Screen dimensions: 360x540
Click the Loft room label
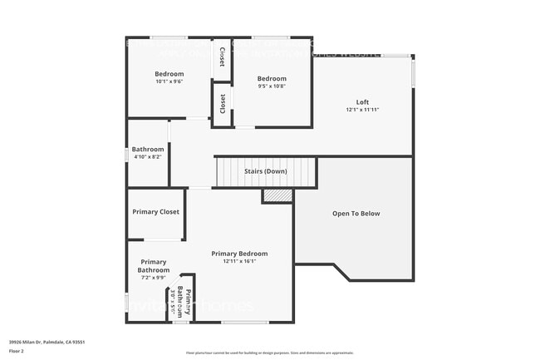[362, 101]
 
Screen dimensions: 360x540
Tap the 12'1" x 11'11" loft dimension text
[362, 110]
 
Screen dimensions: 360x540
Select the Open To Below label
[356, 214]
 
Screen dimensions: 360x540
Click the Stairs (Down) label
[266, 171]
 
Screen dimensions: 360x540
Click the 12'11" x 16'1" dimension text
[239, 262]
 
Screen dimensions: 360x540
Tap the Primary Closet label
[155, 212]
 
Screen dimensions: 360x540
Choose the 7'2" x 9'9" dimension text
[153, 278]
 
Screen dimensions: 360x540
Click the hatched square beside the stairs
[277, 195]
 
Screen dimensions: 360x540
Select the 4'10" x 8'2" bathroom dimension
[148, 156]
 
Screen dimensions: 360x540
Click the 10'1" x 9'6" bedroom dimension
[169, 81]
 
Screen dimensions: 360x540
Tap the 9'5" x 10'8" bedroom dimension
[272, 86]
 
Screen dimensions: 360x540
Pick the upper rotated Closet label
[222, 57]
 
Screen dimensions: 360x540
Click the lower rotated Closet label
[222, 104]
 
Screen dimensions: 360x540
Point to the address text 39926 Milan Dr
[46, 342]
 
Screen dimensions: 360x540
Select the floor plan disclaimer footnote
[270, 353]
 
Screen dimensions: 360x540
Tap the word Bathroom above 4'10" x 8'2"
[148, 149]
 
